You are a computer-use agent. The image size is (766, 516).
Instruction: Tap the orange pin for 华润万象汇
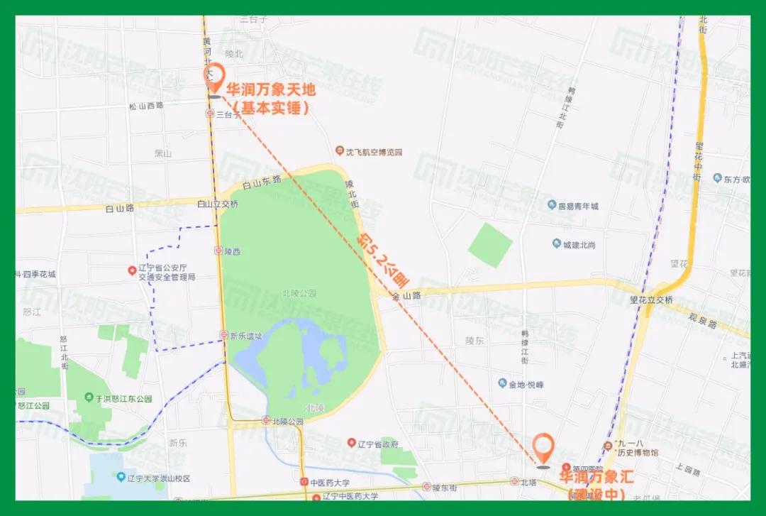[544, 448]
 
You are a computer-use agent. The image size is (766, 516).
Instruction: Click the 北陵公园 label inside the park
[299, 293]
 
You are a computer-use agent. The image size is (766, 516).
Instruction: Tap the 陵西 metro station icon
[218, 251]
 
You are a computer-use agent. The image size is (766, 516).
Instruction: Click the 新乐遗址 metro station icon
[223, 336]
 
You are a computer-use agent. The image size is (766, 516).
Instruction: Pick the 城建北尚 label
[579, 245]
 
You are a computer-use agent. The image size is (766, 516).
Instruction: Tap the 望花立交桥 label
[650, 300]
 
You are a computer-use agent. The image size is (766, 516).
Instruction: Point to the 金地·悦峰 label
[526, 384]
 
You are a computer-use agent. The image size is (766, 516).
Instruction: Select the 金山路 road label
[406, 296]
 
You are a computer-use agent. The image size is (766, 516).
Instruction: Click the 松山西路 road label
[146, 106]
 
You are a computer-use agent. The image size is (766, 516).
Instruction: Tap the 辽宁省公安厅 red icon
[131, 270]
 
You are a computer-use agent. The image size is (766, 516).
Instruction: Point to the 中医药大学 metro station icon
[304, 483]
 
